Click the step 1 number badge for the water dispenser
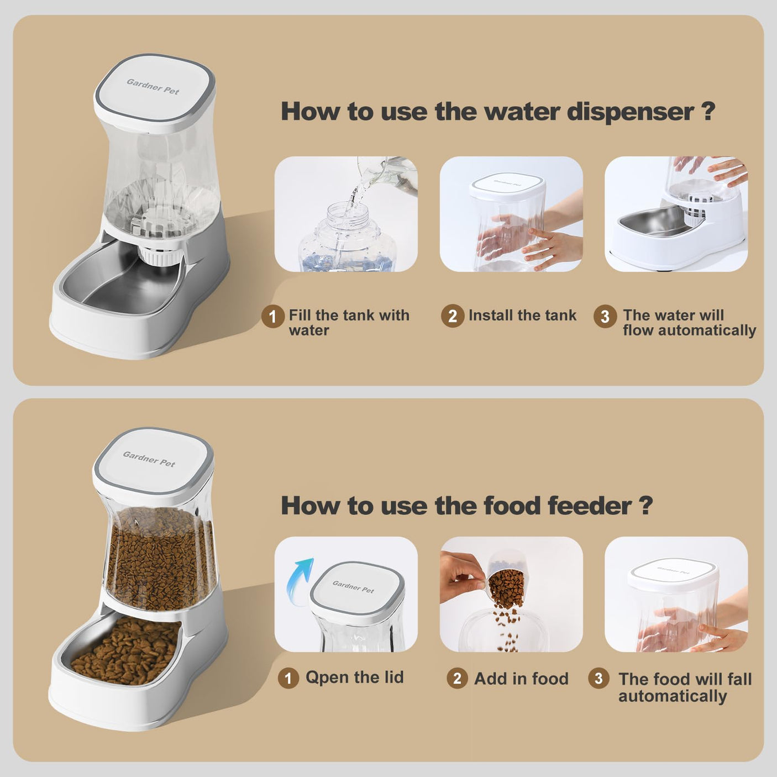click(272, 317)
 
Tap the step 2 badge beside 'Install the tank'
click(452, 316)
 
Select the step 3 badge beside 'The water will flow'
click(605, 316)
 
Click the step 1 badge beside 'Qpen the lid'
click(288, 678)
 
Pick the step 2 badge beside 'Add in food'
click(457, 678)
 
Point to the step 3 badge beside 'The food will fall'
click(599, 678)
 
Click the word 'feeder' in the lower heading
click(590, 506)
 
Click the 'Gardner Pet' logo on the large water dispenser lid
click(153, 87)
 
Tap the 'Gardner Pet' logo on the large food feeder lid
click(149, 459)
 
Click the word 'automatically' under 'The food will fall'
click(672, 696)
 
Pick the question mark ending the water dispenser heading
click(708, 112)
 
